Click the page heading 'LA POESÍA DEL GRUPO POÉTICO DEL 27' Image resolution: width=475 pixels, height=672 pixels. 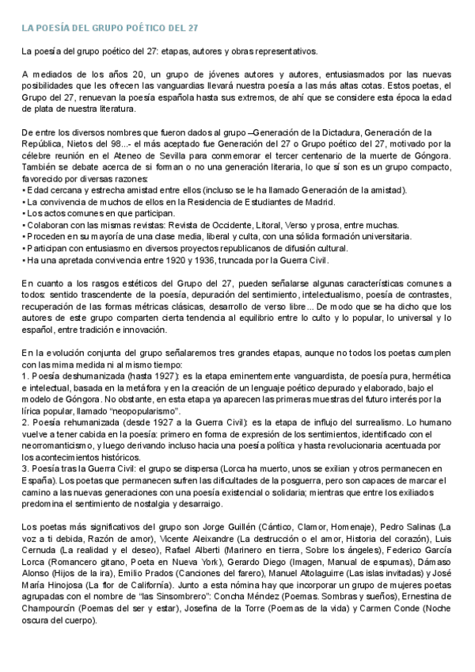point(110,28)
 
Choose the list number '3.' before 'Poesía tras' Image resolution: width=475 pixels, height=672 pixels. point(25,471)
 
